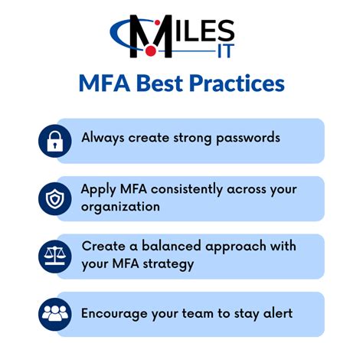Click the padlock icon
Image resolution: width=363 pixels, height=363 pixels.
[55, 141]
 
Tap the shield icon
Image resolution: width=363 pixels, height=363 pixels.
[55, 198]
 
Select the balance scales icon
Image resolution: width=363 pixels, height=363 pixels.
[55, 256]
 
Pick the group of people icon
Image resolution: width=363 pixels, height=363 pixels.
[55, 313]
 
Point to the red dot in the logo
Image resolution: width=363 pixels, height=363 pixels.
[150, 51]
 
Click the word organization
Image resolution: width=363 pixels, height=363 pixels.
[121, 207]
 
